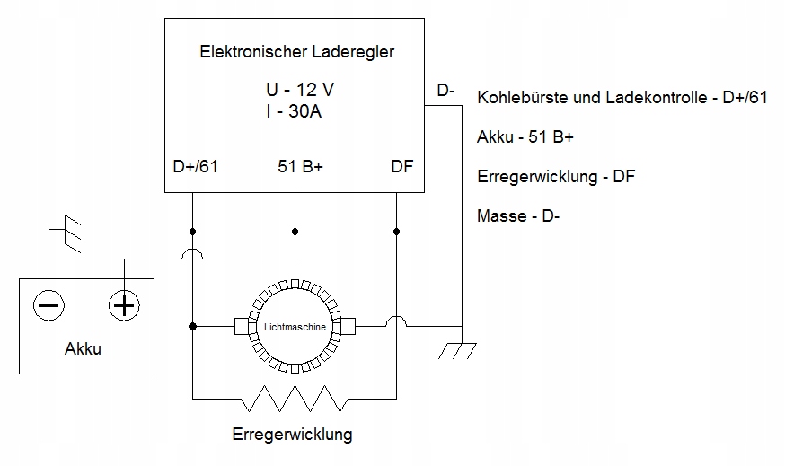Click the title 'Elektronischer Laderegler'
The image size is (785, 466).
297,51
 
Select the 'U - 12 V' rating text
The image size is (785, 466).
300,90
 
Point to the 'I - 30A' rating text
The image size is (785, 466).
294,111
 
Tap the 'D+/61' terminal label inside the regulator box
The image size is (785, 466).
195,166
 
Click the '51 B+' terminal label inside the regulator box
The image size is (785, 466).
300,166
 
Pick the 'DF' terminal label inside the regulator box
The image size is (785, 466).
402,166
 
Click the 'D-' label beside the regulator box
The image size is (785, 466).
445,90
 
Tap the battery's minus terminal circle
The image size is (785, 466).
49,305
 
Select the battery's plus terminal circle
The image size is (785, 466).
124,305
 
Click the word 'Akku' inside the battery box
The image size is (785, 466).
84,348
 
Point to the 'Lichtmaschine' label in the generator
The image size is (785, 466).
295,327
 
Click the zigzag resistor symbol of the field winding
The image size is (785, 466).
295,399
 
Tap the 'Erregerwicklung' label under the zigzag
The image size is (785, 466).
293,434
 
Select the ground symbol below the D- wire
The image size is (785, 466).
457,351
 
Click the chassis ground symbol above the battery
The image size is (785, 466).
73,234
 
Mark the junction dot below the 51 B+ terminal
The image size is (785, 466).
295,232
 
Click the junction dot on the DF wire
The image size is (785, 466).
396,232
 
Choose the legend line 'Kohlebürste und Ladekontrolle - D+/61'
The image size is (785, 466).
622,97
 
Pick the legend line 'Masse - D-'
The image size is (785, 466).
518,216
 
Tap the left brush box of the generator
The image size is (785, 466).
242,326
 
